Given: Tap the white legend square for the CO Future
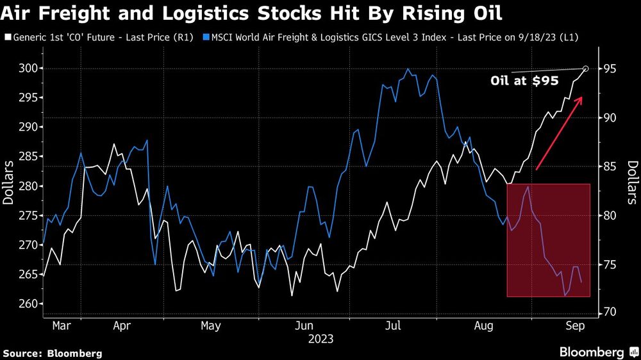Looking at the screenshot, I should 7,38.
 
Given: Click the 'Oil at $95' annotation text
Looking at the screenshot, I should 524,81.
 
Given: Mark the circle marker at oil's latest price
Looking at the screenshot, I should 585,69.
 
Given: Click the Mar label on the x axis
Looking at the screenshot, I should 62,326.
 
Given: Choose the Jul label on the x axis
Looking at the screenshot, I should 393,326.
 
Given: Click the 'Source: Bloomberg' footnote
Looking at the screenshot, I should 53,353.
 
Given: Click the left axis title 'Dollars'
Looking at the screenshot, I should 8,183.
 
